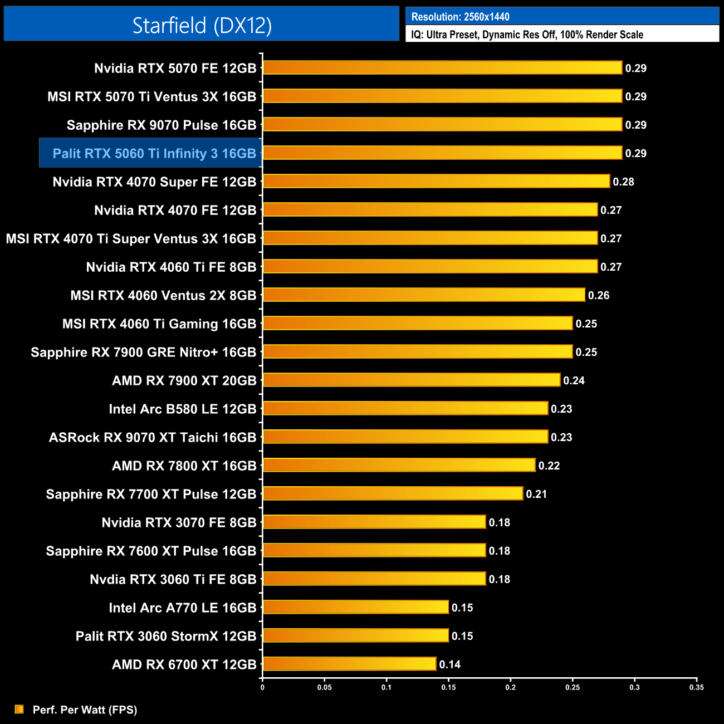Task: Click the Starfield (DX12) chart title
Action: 202,25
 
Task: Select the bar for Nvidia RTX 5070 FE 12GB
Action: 442,68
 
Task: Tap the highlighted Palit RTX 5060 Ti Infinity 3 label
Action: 154,153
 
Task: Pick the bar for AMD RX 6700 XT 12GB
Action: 349,664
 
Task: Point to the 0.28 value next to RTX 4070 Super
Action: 623,182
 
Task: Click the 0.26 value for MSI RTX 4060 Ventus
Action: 599,295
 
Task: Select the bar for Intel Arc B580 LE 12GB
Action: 405,408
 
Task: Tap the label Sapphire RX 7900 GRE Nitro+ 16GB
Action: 143,352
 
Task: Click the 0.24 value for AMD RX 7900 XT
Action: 574,380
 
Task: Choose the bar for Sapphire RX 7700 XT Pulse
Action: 393,493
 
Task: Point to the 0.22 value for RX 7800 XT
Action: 549,466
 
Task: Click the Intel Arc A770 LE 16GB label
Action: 182,608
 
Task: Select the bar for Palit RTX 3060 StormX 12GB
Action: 355,635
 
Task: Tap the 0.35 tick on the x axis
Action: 697,687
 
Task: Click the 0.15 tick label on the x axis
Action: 448,687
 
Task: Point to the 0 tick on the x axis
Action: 262,687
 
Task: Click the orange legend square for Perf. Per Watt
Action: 19,709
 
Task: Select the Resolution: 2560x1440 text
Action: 460,17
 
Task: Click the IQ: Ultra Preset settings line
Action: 527,35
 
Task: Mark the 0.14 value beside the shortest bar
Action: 449,664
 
